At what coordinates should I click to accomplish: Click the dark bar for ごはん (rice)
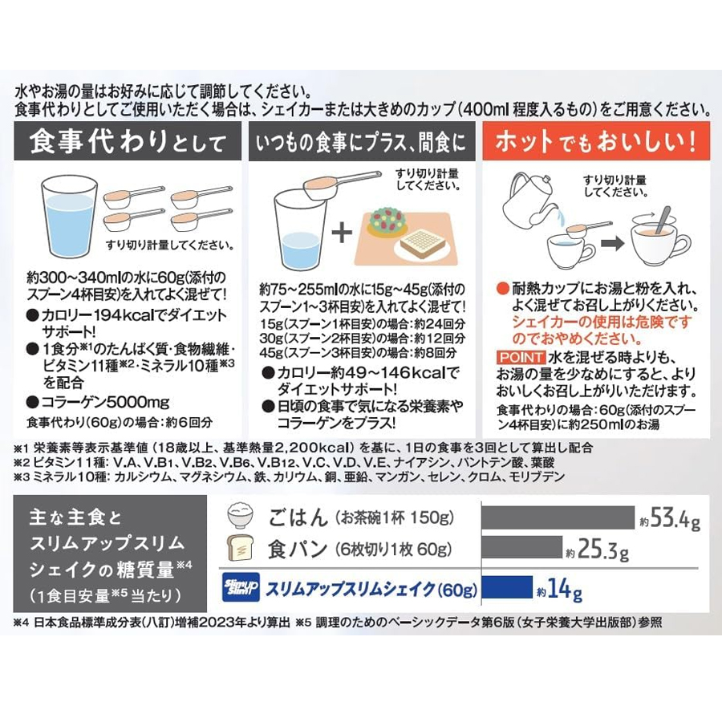pyautogui.click(x=558, y=517)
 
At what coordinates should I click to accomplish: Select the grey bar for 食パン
pyautogui.click(x=522, y=547)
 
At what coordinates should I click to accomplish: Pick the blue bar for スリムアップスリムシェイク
pyautogui.click(x=507, y=587)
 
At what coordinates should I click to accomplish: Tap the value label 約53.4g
pyautogui.click(x=670, y=518)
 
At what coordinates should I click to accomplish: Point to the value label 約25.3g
pyautogui.click(x=597, y=550)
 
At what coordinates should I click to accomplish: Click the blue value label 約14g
pyautogui.click(x=559, y=590)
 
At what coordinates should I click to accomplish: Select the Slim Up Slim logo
pyautogui.click(x=241, y=587)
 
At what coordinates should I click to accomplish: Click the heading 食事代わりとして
pyautogui.click(x=128, y=141)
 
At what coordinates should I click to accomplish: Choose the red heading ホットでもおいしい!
pyautogui.click(x=596, y=141)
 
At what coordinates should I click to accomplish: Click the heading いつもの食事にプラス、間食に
pyautogui.click(x=362, y=142)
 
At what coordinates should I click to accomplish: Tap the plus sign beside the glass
pyautogui.click(x=342, y=231)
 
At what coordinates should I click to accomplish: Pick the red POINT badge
pyautogui.click(x=521, y=357)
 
